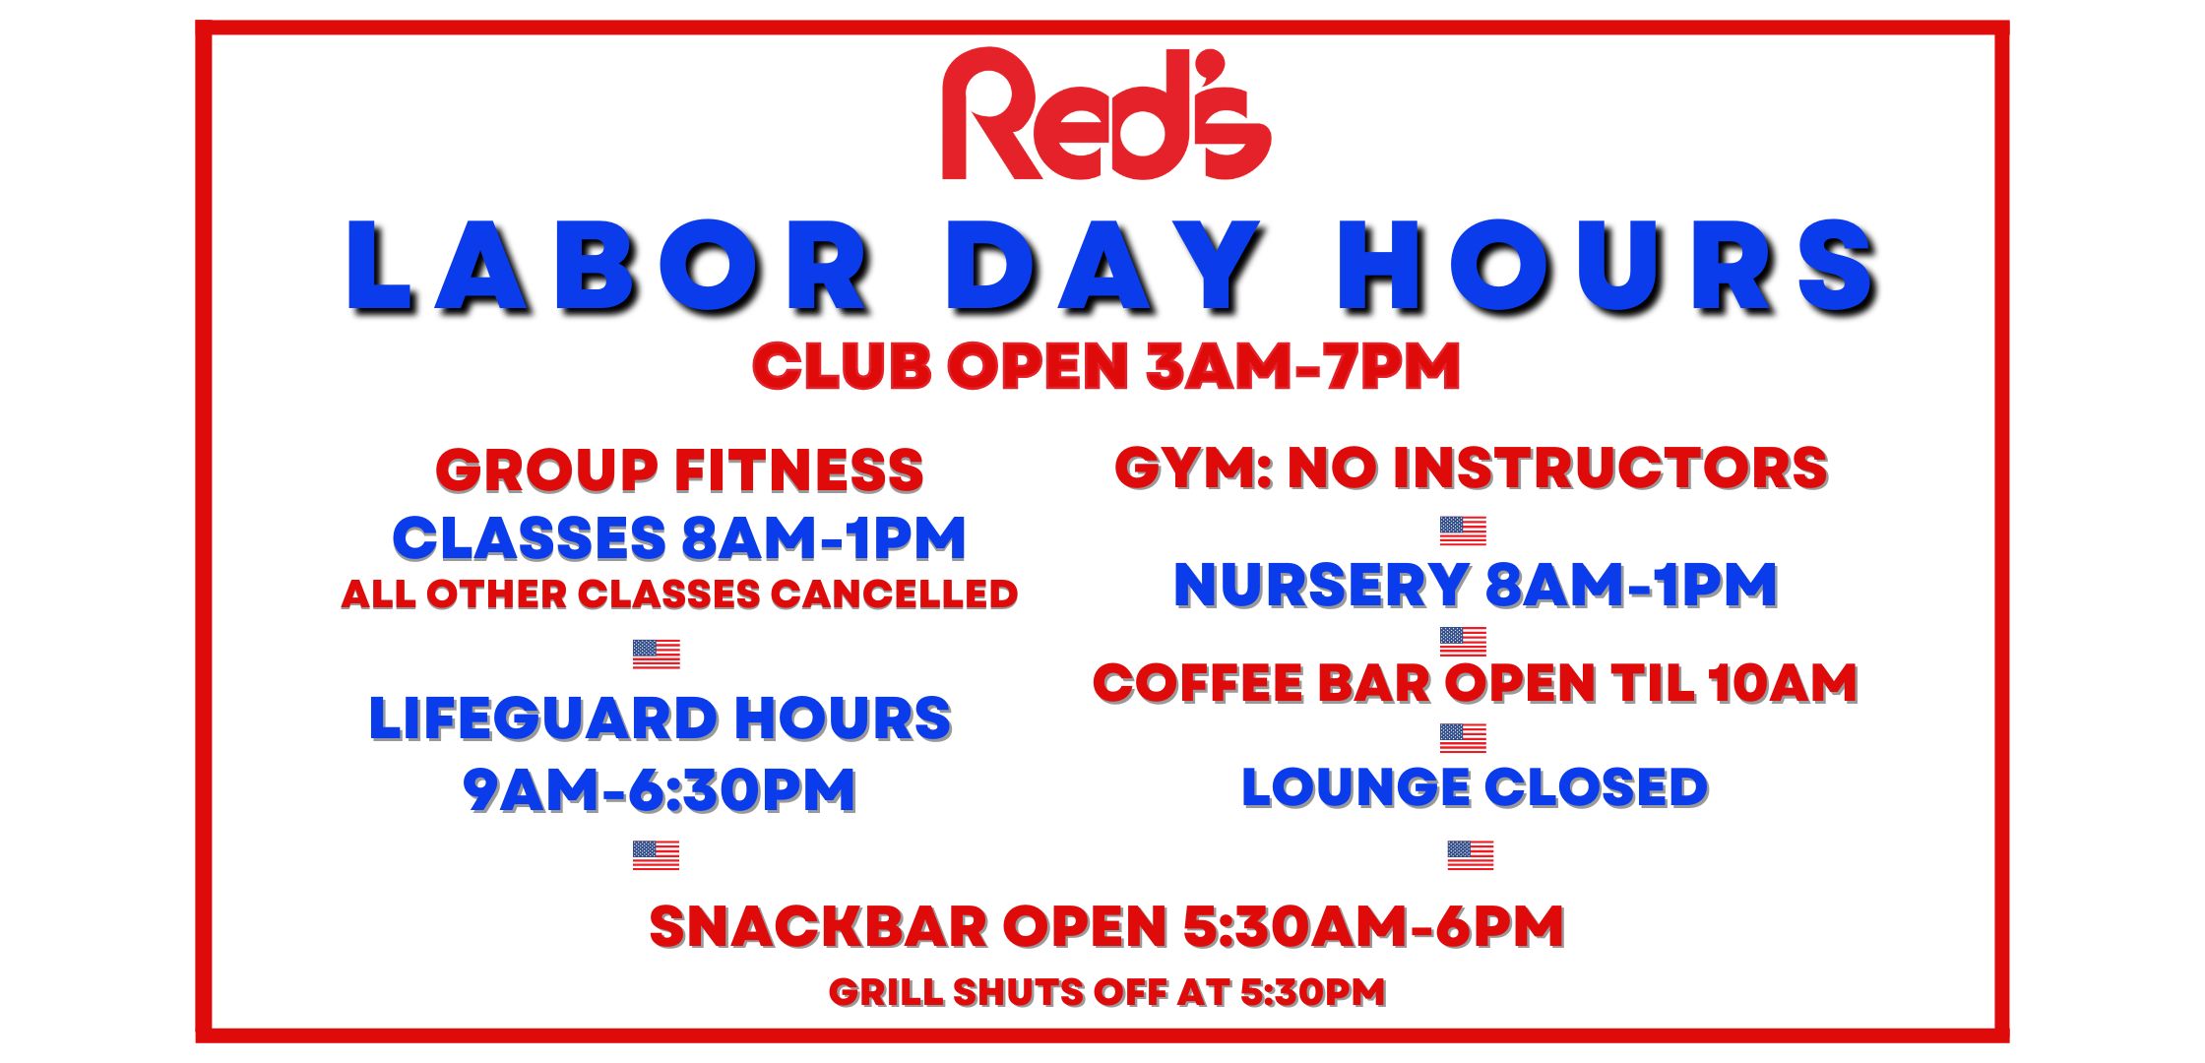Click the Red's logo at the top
click(x=1105, y=114)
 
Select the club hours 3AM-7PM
click(x=1303, y=367)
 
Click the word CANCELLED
click(x=895, y=594)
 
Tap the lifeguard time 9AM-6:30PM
click(x=660, y=790)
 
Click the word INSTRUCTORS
click(x=1610, y=468)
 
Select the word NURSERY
click(x=1322, y=586)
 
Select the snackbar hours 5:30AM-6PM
click(x=1373, y=927)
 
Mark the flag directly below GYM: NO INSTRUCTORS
click(x=1463, y=531)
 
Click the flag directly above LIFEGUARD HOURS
click(x=657, y=654)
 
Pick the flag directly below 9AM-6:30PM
click(x=657, y=855)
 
